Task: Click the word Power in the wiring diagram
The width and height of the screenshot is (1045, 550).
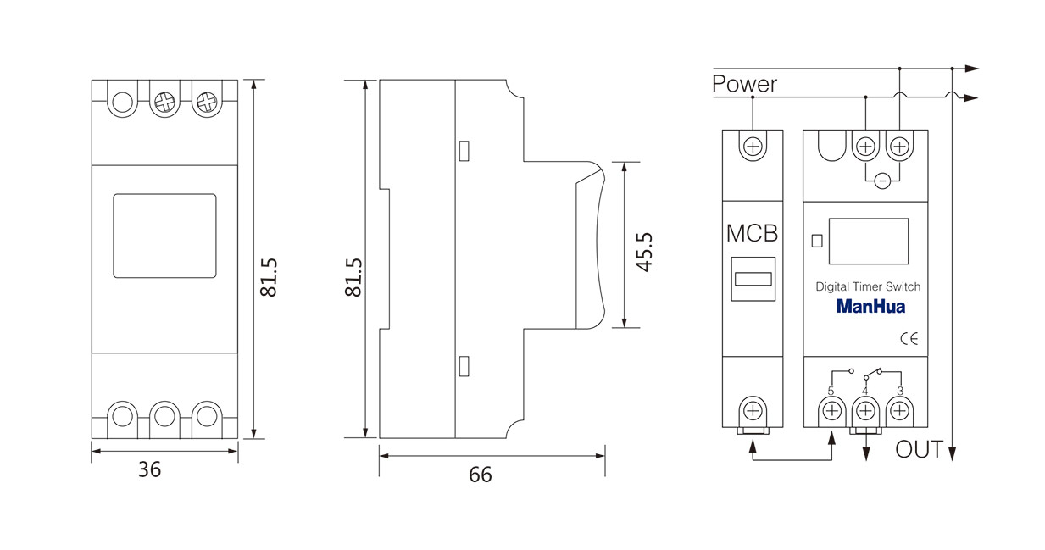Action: pos(744,85)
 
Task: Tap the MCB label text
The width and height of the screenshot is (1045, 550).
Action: pos(752,233)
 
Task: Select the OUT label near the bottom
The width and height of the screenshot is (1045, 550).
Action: pos(919,449)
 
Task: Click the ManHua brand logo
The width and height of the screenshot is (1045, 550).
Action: pos(870,307)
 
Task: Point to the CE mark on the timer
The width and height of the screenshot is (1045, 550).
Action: pos(909,339)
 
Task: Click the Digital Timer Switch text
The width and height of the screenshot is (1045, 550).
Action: pos(868,286)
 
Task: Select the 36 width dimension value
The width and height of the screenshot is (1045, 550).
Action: pos(149,469)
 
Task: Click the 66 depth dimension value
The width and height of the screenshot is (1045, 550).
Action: pos(480,475)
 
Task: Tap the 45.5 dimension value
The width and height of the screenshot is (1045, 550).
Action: pos(644,252)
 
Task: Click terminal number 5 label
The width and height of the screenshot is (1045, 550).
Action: pos(831,391)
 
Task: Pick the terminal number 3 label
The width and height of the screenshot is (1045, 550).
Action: pos(900,391)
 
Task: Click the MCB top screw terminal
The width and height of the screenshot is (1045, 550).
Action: pos(753,147)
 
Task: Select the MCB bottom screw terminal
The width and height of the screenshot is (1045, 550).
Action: pos(753,411)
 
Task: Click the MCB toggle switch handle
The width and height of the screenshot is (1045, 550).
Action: pos(753,279)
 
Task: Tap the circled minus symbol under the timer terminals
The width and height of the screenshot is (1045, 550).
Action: pos(881,181)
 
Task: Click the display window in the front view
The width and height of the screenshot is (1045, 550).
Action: pos(164,236)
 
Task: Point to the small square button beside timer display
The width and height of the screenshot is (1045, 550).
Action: pos(817,241)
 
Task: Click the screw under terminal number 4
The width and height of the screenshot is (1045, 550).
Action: pos(865,411)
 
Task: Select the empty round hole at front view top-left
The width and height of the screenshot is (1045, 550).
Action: pos(123,103)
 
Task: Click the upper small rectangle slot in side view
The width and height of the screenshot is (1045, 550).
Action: pos(464,151)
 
